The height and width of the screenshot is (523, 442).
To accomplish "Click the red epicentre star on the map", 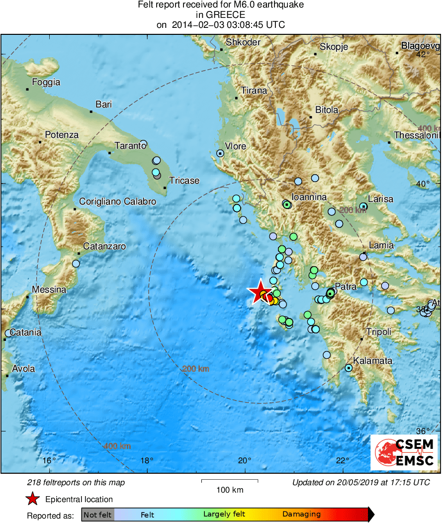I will pyautogui.click(x=259, y=292).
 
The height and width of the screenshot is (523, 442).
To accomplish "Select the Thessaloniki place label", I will pyautogui.click(x=417, y=135).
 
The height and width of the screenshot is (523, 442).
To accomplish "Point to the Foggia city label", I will pyautogui.click(x=46, y=83).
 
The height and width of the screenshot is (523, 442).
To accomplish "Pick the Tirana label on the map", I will pyautogui.click(x=254, y=91).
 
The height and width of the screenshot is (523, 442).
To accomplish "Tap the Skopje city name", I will pyautogui.click(x=334, y=47).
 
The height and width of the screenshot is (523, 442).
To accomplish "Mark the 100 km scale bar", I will pyautogui.click(x=230, y=481).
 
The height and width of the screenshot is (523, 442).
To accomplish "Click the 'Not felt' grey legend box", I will pyautogui.click(x=97, y=515).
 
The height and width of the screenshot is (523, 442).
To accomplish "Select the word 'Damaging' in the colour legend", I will pyautogui.click(x=301, y=515).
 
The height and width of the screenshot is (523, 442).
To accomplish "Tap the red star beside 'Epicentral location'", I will pyautogui.click(x=33, y=499).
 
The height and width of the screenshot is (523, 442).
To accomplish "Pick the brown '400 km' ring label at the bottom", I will pyautogui.click(x=117, y=446).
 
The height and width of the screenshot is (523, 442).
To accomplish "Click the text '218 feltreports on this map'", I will pyautogui.click(x=76, y=482).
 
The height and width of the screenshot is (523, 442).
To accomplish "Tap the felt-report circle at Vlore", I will pyautogui.click(x=220, y=154).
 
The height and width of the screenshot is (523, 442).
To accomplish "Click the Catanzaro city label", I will pyautogui.click(x=104, y=246).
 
